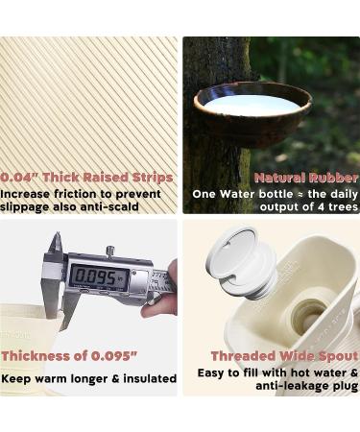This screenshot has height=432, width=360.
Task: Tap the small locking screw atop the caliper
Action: pos(110,250)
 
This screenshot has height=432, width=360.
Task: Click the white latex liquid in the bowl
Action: pos(252,105)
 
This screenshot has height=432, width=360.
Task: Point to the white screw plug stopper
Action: pos(241,262)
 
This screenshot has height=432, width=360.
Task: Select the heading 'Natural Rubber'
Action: pos(306,178)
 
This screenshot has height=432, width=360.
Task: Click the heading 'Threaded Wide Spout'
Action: pos(284,356)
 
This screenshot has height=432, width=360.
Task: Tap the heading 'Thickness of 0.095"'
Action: pos(70,356)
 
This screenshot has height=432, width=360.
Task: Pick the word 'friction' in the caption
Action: pos(82,194)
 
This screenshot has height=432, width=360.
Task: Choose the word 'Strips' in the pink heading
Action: pos(153,178)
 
